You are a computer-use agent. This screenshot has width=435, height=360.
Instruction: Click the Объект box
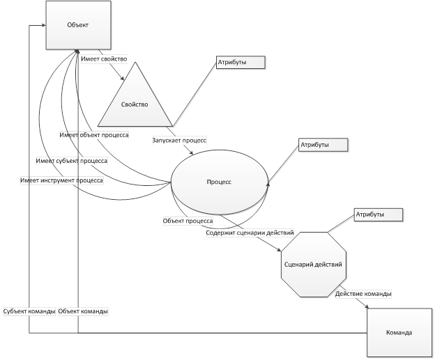(79, 25)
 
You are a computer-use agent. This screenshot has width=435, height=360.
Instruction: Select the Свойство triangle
(135, 102)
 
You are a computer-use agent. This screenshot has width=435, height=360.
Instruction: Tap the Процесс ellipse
(220, 182)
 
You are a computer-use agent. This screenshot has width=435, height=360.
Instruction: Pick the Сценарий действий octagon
(314, 265)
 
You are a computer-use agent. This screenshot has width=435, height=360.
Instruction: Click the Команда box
(399, 333)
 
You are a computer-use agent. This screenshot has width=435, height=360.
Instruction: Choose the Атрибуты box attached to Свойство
(241, 63)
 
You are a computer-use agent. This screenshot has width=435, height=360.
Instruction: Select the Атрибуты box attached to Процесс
(323, 145)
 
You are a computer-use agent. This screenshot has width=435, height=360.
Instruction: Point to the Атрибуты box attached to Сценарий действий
(378, 214)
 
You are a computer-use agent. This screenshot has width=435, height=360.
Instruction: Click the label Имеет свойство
(104, 59)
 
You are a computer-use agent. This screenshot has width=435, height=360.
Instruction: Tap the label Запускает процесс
(179, 140)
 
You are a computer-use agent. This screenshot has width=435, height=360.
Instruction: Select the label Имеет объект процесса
(94, 135)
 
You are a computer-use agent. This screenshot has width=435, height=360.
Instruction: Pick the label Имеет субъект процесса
(72, 161)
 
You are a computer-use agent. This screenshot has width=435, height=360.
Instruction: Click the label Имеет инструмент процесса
(61, 180)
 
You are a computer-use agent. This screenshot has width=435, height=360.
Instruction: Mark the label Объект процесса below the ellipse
(188, 221)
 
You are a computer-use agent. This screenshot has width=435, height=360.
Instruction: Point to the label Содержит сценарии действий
(250, 233)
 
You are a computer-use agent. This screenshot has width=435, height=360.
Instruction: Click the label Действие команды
(363, 293)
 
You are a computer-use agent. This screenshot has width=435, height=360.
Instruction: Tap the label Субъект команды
(29, 311)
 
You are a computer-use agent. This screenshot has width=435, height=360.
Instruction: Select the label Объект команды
(83, 311)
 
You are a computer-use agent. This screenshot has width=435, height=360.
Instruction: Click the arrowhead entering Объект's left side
(44, 25)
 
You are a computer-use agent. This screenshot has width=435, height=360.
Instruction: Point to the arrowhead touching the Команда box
(367, 306)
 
